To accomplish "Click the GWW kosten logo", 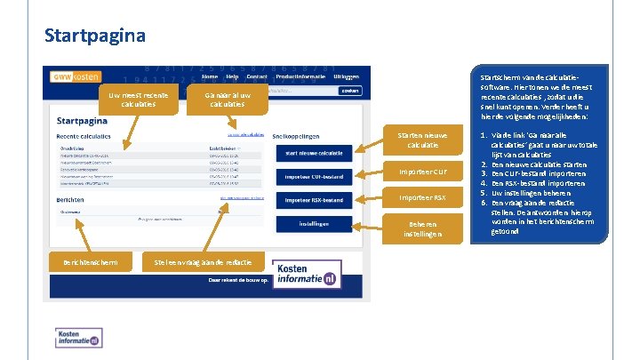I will (76, 77).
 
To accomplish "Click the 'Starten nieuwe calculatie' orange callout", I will (422, 140).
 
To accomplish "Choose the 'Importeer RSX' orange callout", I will (422, 197).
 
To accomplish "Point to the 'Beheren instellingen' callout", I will (422, 228).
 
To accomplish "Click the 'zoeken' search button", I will (349, 91).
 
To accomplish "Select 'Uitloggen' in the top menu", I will (347, 77).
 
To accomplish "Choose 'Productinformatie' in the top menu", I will (301, 77).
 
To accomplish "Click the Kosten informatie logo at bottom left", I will (78, 338).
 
